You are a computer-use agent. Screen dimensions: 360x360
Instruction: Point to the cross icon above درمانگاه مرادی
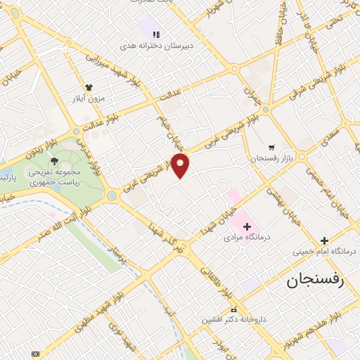pos(247,226)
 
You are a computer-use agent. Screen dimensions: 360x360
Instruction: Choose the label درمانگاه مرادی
pos(247,238)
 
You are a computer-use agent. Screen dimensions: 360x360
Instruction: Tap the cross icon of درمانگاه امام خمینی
pos(324,240)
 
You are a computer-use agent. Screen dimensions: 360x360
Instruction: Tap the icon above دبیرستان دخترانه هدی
pos(157,34)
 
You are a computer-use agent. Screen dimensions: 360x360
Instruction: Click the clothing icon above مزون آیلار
pos(88,88)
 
